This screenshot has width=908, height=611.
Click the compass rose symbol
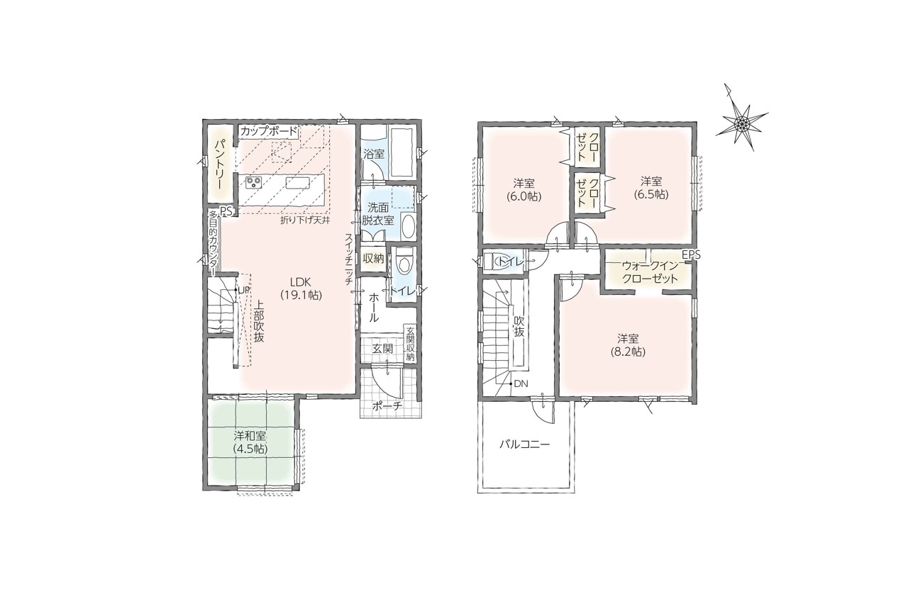742,120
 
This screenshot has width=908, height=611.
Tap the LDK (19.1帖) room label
301,288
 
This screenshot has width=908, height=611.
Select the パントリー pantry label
221,164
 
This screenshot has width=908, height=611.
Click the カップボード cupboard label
269,131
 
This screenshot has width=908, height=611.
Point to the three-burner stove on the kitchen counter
255,183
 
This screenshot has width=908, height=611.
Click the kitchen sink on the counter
298,183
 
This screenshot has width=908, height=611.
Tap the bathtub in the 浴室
402,150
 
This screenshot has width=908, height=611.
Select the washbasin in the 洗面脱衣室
408,227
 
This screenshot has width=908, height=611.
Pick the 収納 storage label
373,259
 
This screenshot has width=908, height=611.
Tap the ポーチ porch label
387,405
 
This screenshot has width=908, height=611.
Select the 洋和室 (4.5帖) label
250,442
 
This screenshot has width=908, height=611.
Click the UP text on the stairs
243,290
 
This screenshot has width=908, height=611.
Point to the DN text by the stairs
521,383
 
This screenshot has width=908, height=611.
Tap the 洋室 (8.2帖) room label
629,345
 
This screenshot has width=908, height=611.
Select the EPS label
691,255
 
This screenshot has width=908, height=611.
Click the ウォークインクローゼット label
650,272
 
